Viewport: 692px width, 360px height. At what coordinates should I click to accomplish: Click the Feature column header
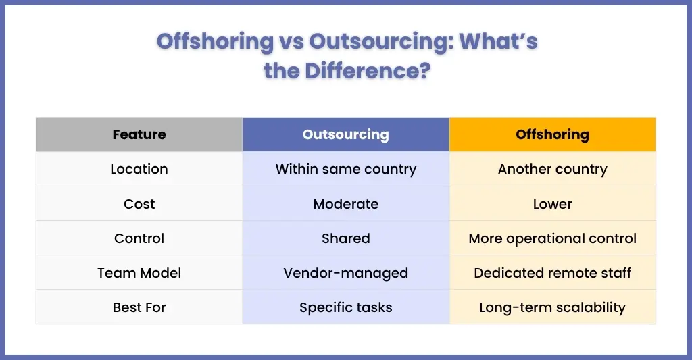coord(139,134)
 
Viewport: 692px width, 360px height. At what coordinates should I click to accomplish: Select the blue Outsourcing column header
coord(345,134)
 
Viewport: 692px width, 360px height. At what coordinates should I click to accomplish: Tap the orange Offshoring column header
coord(552,134)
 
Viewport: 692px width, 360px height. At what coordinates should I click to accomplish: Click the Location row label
coord(139,169)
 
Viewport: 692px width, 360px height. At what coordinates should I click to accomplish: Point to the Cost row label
coord(139,204)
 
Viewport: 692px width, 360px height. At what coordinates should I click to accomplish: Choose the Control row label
coord(139,238)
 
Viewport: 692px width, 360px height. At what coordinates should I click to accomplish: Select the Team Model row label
coord(139,273)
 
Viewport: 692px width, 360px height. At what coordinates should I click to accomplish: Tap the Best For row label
coord(139,307)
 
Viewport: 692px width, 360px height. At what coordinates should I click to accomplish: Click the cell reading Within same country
coord(345,170)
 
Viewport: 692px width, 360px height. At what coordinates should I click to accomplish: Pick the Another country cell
coord(552,170)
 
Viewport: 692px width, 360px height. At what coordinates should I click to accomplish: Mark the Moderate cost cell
coord(345,204)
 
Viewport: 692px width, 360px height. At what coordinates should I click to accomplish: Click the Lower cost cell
coord(552,204)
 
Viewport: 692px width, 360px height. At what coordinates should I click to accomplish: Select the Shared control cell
coord(345,238)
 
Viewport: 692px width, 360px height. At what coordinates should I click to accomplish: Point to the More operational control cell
coord(552,238)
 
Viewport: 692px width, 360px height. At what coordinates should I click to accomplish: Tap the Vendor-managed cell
coord(345,273)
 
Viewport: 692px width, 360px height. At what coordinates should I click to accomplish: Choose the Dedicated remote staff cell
coord(552,273)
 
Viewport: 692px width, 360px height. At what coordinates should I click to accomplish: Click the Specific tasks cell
coord(345,307)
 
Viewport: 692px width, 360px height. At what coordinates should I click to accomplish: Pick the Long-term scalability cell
coord(552,307)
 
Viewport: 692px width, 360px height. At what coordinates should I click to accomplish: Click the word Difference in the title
coord(367,71)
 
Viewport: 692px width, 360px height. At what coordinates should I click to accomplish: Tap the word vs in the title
coord(291,41)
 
